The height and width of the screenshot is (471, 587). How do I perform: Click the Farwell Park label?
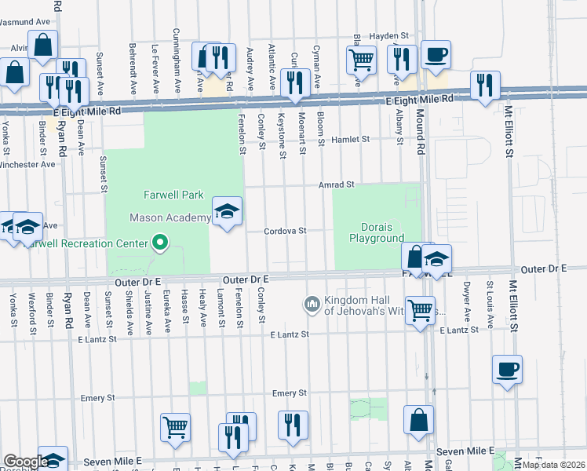tap(173, 195)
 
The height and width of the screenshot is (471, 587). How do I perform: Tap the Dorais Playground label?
tap(377, 232)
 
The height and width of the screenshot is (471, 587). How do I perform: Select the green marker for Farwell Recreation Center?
tap(160, 243)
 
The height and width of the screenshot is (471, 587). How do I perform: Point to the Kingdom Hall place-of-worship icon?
tap(312, 303)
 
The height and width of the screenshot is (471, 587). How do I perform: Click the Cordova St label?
tap(284, 232)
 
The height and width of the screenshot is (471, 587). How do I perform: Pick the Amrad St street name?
tap(337, 185)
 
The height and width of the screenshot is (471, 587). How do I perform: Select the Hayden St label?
tap(390, 36)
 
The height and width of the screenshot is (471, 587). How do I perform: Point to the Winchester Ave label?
tap(28, 165)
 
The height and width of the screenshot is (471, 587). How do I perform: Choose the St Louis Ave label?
tap(490, 298)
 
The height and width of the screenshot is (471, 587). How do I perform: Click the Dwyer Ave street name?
tap(466, 298)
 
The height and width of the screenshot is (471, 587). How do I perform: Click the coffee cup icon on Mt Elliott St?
tap(507, 368)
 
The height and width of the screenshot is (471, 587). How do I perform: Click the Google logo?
tap(25, 462)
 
